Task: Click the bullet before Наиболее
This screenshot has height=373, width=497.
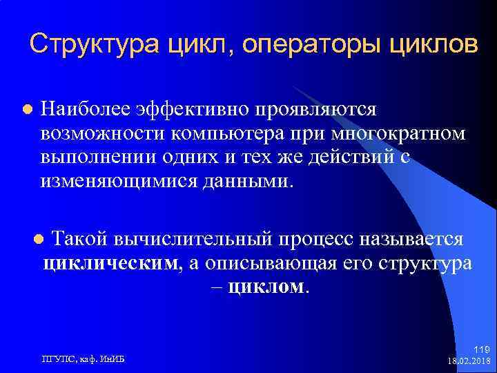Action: click(27, 109)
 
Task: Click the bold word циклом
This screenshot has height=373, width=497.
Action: click(267, 287)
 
